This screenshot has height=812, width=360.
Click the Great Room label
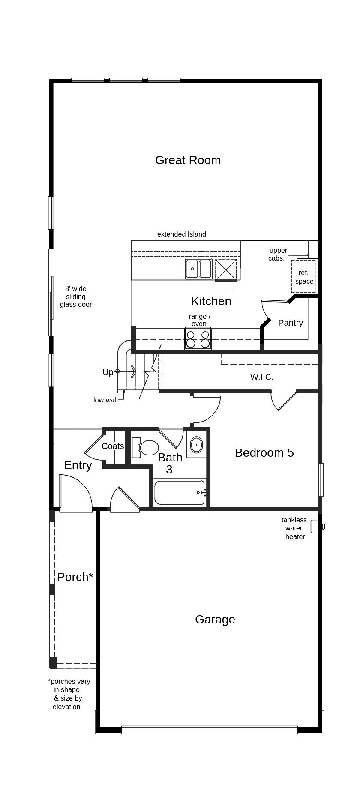click(188, 160)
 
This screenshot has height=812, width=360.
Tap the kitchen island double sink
click(198, 269)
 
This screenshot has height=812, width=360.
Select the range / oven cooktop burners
click(198, 339)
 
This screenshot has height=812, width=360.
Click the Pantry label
click(290, 323)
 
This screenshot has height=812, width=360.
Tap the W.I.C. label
click(261, 377)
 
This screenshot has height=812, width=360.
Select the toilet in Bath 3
click(146, 447)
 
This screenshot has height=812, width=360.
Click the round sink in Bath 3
click(196, 445)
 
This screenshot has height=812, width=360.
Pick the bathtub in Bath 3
click(180, 493)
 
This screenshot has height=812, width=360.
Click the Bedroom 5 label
click(264, 452)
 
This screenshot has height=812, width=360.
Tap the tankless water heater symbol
click(315, 527)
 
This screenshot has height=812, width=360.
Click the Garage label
click(215, 619)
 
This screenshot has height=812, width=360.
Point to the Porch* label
click(75, 577)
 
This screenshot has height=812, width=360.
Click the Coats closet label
click(113, 446)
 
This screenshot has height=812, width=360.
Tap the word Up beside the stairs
click(108, 372)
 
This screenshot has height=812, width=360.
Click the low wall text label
click(105, 400)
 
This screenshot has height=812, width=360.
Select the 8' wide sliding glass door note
click(75, 297)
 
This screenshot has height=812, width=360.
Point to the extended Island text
click(181, 234)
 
